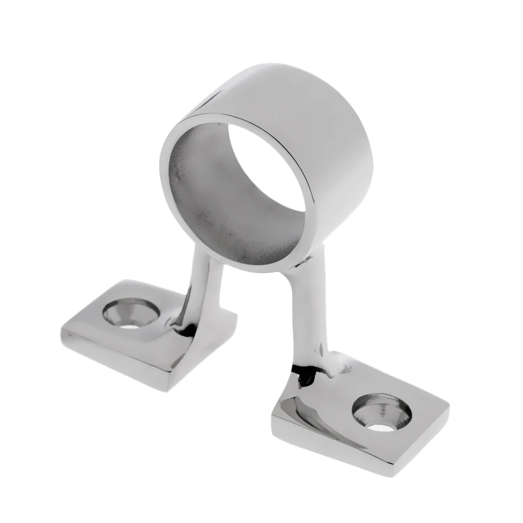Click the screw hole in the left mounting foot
[x=131, y=314]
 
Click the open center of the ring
[x=266, y=169]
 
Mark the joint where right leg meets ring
[x=301, y=266]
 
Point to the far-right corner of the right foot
[x=448, y=409]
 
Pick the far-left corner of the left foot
[x=62, y=332]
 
